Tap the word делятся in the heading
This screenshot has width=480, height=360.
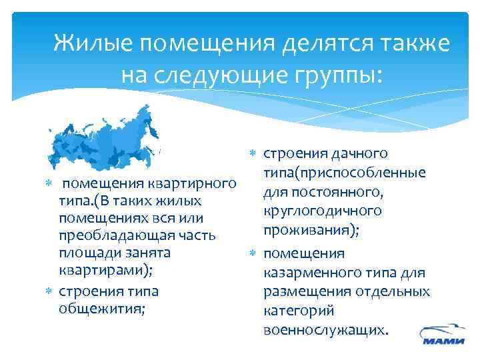pyautogui.click(x=326, y=45)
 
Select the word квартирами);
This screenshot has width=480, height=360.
pyautogui.click(x=106, y=270)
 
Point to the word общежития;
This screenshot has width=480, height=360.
pyautogui.click(x=102, y=307)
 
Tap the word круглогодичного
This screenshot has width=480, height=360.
pyautogui.click(x=323, y=211)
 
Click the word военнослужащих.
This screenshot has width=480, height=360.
pyautogui.click(x=325, y=330)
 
